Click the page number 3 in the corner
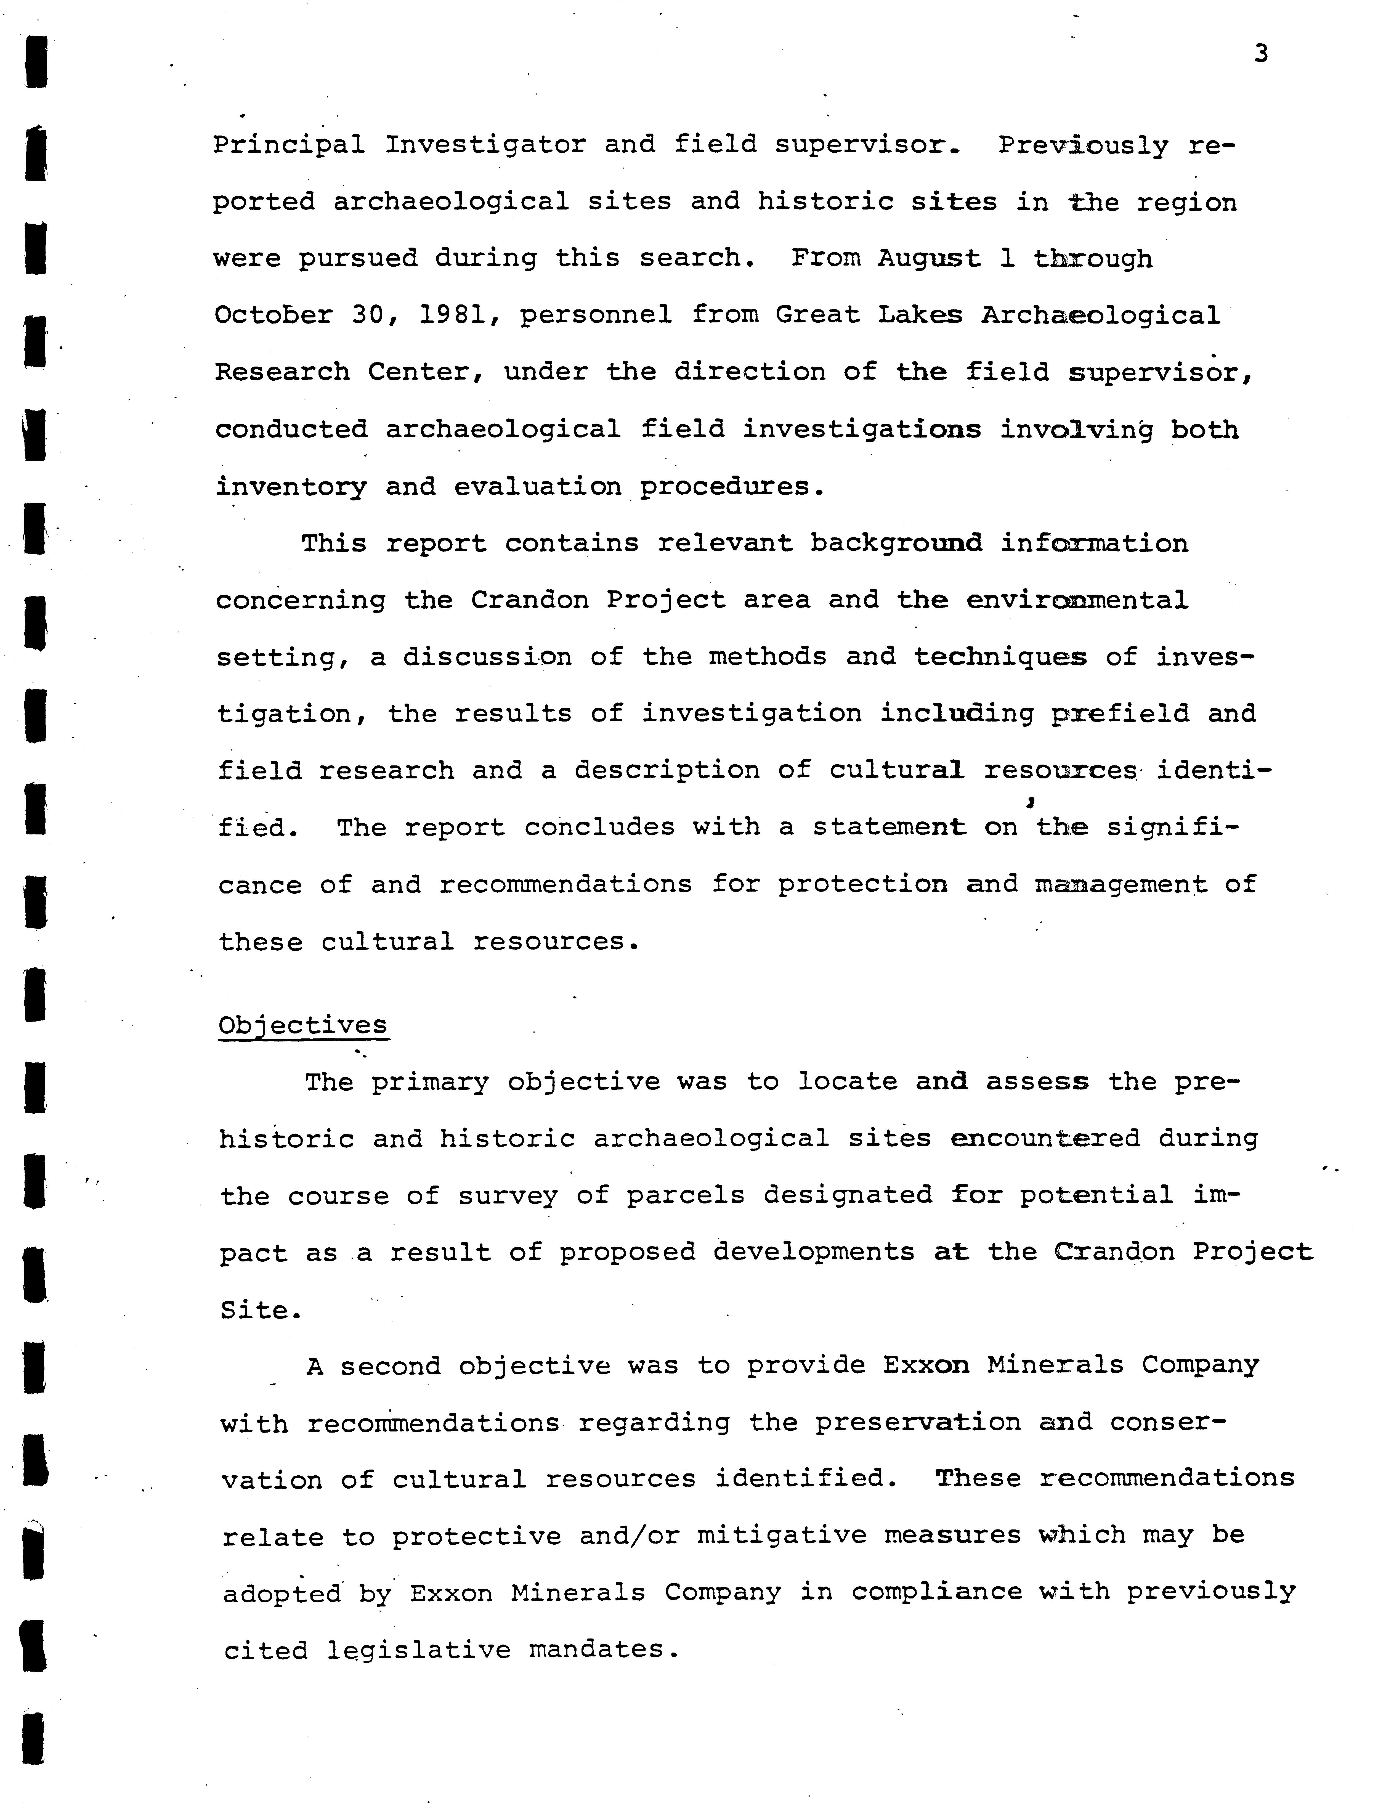[1260, 54]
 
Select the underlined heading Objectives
[303, 1026]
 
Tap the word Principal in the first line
[289, 145]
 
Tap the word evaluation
[538, 487]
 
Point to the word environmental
[1077, 600]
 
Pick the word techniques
[1000, 657]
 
